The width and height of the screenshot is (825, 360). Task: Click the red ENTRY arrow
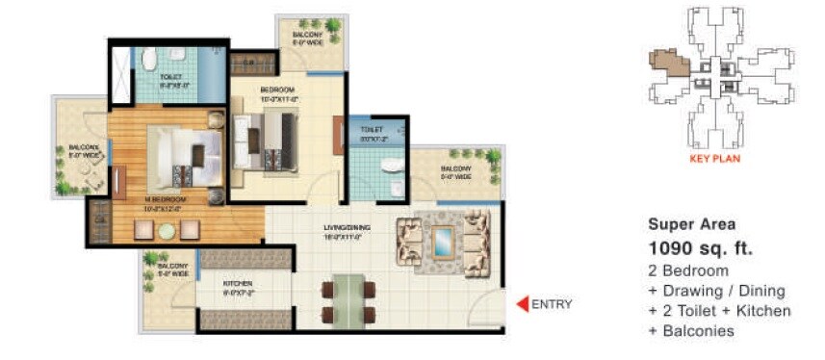523,305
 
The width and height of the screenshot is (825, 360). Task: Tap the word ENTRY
552,305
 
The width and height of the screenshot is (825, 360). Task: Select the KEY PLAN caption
714,159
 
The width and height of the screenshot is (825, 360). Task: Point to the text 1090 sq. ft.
700,248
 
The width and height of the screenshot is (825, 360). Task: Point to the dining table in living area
343,298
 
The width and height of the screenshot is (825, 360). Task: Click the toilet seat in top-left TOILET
149,61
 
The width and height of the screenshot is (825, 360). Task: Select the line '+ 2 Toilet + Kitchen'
719,310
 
